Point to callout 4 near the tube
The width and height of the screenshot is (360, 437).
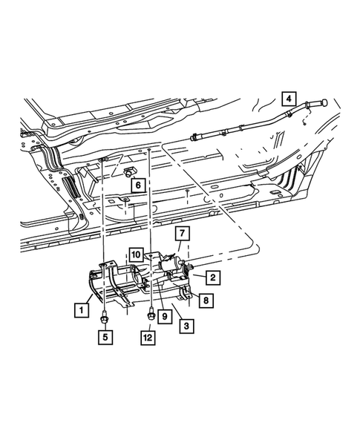click(288, 96)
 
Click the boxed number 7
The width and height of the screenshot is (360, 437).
click(181, 234)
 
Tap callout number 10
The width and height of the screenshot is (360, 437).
click(137, 254)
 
